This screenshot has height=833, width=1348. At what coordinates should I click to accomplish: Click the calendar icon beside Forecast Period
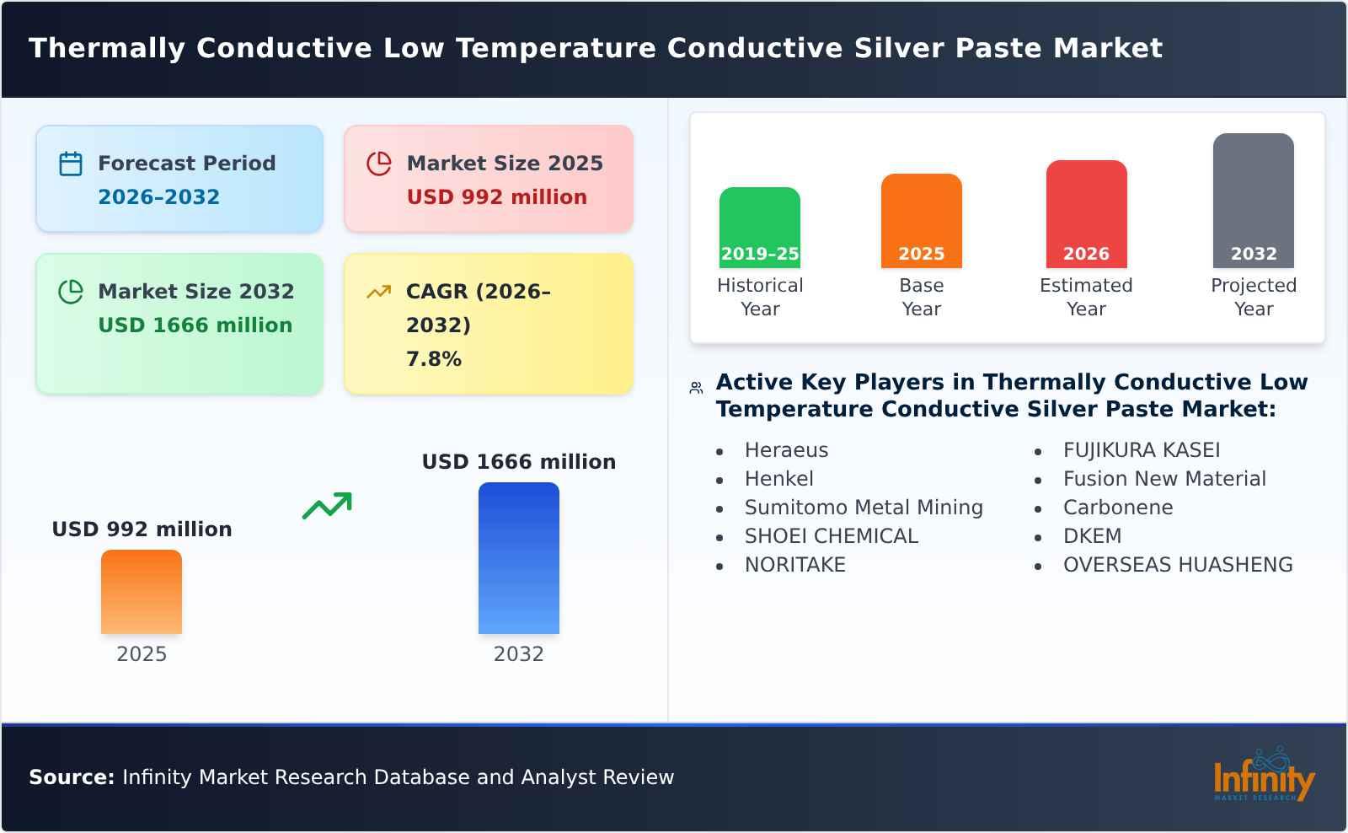71,164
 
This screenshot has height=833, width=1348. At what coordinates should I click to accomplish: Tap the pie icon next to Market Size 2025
379,164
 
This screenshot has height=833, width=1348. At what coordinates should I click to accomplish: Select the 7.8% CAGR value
434,359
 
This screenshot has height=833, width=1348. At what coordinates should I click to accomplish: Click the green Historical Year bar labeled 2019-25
759,228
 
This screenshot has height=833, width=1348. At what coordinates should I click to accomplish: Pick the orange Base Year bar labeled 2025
921,221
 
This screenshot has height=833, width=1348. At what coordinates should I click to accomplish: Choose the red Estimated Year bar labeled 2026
1086,214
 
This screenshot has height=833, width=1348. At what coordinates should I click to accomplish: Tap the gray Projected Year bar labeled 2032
1253,201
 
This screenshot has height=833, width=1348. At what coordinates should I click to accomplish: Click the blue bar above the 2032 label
518,558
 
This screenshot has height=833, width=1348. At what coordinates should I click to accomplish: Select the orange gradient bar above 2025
142,592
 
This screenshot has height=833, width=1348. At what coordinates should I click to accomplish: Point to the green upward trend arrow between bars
327,506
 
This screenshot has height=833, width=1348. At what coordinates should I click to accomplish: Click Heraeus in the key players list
786,450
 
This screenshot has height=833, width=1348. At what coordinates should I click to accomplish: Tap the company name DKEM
1092,536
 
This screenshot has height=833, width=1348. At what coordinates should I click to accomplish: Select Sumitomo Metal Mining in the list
864,508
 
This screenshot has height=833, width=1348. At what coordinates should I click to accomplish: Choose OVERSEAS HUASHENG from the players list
1177,565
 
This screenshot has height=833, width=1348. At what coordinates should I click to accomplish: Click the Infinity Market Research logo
1263,776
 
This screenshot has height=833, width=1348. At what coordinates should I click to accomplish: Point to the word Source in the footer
71,777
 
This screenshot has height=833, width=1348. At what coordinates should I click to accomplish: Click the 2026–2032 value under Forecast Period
158,197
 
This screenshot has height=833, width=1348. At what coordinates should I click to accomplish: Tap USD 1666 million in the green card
195,325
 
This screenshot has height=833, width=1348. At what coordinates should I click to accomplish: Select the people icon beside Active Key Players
696,388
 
